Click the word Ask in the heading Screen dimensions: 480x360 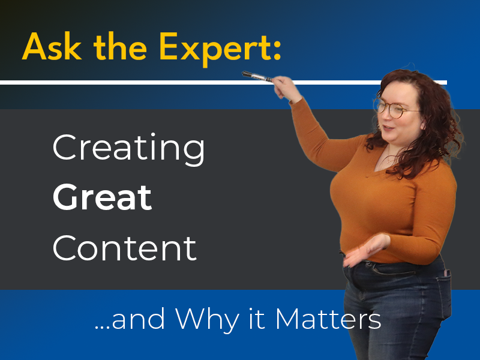[52, 47]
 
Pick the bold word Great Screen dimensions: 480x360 [102, 197]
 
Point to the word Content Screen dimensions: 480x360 [124, 248]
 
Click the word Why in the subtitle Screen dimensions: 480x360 [207, 320]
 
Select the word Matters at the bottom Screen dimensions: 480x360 [328, 319]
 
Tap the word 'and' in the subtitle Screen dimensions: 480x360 [138, 319]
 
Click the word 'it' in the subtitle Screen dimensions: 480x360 [257, 319]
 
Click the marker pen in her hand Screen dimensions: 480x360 [257, 77]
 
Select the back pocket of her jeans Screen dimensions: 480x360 [443, 291]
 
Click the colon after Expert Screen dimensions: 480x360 [277, 50]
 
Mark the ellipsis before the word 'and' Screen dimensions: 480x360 [102, 327]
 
